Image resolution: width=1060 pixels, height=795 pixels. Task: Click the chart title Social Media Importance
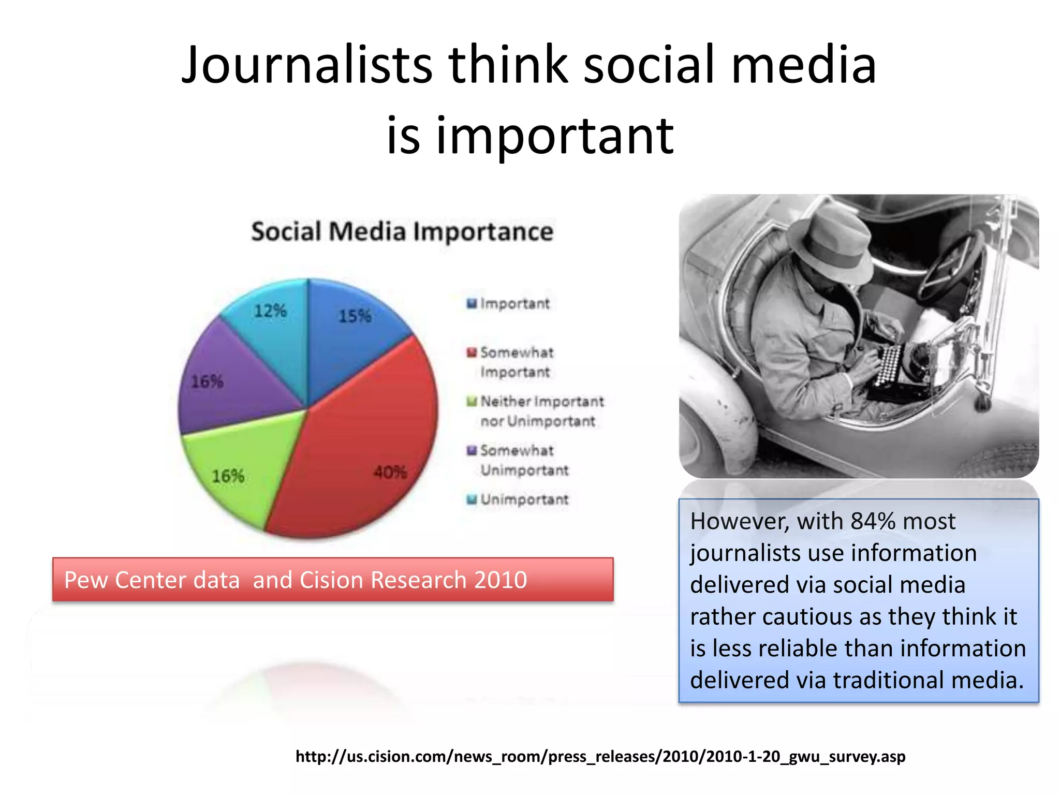(x=402, y=231)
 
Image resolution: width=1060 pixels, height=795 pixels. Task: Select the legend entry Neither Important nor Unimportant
(x=541, y=411)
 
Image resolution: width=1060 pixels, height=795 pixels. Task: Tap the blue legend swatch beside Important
(x=472, y=304)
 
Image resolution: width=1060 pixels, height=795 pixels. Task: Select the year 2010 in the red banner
(x=500, y=580)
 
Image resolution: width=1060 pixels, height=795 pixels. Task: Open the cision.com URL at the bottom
(x=600, y=756)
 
